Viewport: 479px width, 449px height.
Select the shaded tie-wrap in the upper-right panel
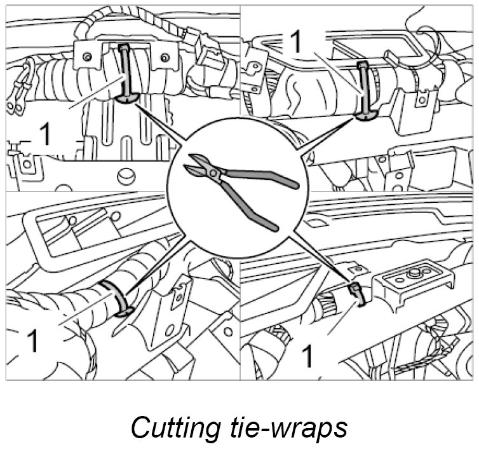point(363,89)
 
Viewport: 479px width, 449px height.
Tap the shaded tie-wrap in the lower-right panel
point(357,292)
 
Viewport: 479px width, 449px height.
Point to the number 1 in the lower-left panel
point(32,342)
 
